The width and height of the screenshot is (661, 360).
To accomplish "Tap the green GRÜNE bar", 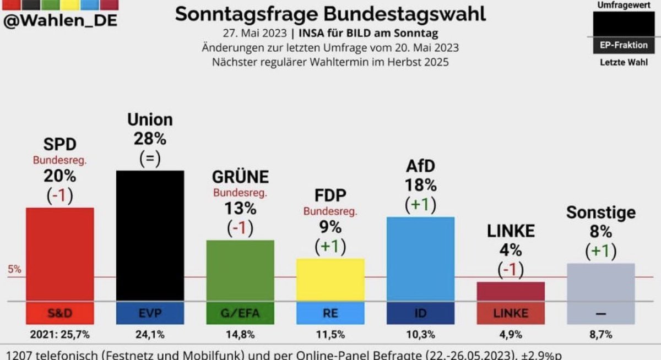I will pos(240,270).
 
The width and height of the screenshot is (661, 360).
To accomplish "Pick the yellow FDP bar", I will pos(330,280).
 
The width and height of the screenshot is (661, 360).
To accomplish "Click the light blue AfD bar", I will pos(421,259).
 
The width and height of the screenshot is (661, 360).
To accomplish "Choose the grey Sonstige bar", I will pos(601,282).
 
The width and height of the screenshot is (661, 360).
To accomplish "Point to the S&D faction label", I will pos(60,313).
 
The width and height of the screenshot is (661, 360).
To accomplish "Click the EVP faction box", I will pos(150,313).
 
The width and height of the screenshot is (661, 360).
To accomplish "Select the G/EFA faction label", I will pos(240,313).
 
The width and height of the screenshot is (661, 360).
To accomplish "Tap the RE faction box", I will pos(330,313).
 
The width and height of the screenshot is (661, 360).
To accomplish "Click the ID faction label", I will pos(421,313).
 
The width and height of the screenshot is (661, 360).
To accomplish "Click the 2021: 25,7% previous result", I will pos(60,334).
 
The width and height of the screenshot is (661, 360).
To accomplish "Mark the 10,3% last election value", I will pos(421,334).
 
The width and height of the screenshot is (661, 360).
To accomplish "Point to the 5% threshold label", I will pos(14,270).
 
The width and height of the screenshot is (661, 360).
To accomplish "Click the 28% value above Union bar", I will pos(150,138).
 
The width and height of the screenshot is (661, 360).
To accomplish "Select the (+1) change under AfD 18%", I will pos(421,205).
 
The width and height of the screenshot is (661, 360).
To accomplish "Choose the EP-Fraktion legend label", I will pos(624,45).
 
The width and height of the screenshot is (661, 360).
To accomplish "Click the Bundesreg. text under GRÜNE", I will pos(240,193).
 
